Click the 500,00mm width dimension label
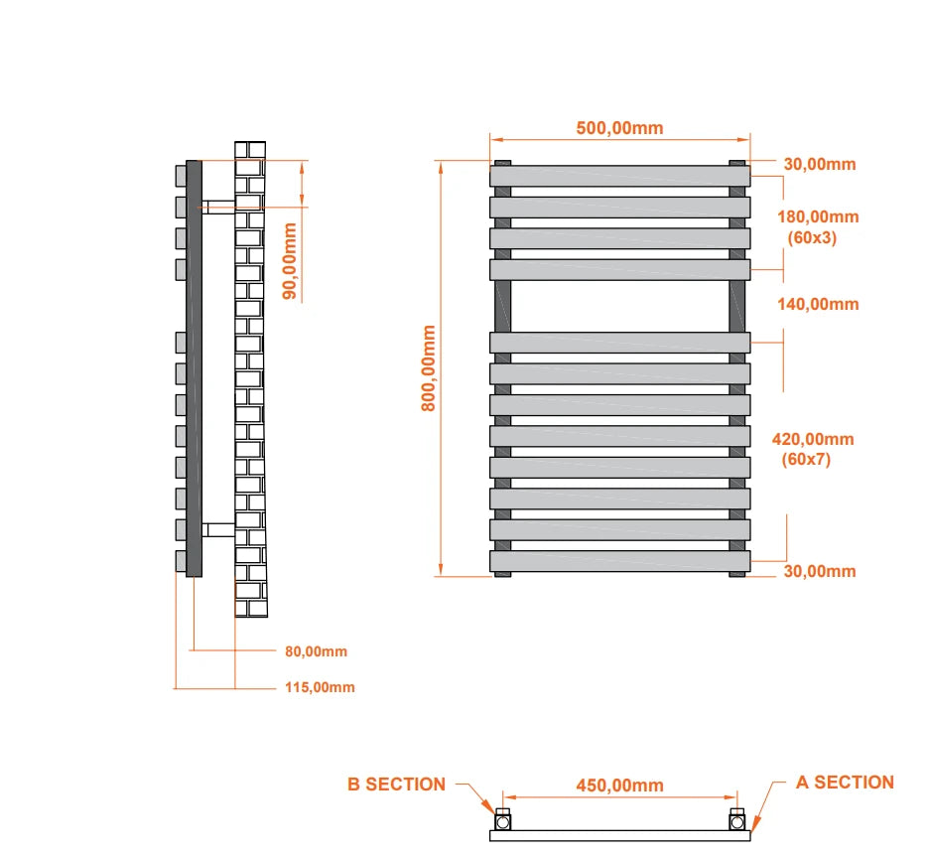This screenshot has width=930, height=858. pyautogui.click(x=619, y=128)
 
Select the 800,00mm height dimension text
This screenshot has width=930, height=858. pyautogui.click(x=428, y=367)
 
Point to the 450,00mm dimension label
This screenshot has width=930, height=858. pyautogui.click(x=619, y=786)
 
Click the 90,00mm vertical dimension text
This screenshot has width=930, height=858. pyautogui.click(x=290, y=261)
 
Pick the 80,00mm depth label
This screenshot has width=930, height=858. pyautogui.click(x=316, y=651)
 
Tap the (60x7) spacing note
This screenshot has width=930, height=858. pyautogui.click(x=806, y=460)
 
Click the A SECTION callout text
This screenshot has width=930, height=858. pyautogui.click(x=845, y=783)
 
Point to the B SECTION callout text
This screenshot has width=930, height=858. pyautogui.click(x=396, y=785)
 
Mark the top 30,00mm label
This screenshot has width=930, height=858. pyautogui.click(x=819, y=165)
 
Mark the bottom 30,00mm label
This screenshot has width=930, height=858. pyautogui.click(x=819, y=571)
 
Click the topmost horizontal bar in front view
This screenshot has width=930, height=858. pyautogui.click(x=619, y=176)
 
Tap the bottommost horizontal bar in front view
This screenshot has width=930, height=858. pyautogui.click(x=619, y=561)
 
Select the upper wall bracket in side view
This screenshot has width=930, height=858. pyautogui.click(x=218, y=207)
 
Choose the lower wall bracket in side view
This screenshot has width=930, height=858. pyautogui.click(x=218, y=529)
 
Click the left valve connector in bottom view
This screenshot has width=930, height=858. pyautogui.click(x=503, y=820)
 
